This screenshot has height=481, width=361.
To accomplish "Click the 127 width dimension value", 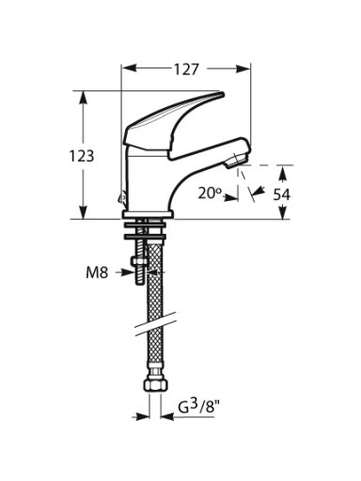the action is click(186, 70).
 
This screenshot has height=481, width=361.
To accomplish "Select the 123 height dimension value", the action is click(82, 156).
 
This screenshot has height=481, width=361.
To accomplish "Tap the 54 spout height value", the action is click(282, 194).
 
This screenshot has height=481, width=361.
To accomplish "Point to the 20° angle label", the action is click(210, 194).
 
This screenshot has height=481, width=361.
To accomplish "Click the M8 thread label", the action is click(97, 273).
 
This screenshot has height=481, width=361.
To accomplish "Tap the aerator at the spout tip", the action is click(237, 160).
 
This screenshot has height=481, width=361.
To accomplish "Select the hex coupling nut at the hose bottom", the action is click(154, 385).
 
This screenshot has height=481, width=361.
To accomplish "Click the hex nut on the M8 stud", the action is click(140, 261).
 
